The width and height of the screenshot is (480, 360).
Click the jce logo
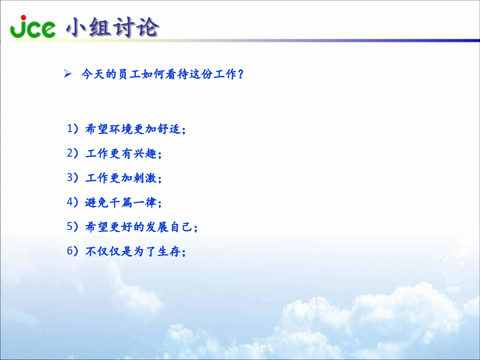click(x=33, y=27)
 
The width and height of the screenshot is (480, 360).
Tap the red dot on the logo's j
click(x=23, y=18)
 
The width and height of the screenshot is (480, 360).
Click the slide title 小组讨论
click(x=113, y=27)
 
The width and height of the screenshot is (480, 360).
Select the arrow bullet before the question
click(x=68, y=74)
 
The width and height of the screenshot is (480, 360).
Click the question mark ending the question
click(x=241, y=74)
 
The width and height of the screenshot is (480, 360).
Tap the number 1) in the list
click(x=73, y=129)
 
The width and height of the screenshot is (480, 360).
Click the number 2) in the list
click(x=73, y=153)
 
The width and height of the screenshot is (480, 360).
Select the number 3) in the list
click(x=73, y=178)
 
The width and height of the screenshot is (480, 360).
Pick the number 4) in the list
click(x=73, y=202)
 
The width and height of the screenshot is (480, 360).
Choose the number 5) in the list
click(x=73, y=227)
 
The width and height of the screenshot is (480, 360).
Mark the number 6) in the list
click(x=73, y=251)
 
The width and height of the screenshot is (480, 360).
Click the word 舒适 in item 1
click(x=169, y=129)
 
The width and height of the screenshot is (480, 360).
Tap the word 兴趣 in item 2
click(x=145, y=154)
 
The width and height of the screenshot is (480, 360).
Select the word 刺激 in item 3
click(x=145, y=178)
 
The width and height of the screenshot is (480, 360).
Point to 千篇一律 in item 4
click(x=121, y=202)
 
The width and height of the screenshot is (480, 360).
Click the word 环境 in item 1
click(x=121, y=129)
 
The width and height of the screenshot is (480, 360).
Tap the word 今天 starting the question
click(x=93, y=74)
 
